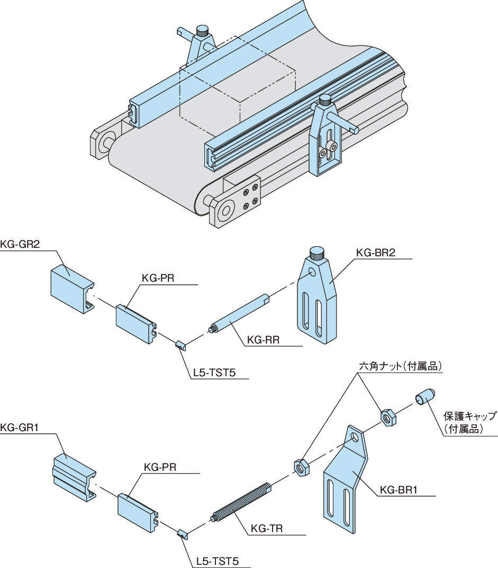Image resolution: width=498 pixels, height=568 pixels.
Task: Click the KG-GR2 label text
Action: click(x=21, y=244)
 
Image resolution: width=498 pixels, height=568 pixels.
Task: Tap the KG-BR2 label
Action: click(x=376, y=253)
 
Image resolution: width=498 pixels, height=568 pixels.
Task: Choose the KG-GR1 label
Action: click(x=21, y=429)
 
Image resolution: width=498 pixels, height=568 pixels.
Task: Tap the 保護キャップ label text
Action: click(x=470, y=416)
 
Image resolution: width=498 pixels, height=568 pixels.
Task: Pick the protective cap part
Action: click(x=425, y=397)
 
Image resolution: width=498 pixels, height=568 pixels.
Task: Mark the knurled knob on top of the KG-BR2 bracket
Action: click(x=318, y=253)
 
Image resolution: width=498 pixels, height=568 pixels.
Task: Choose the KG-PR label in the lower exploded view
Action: click(x=160, y=468)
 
